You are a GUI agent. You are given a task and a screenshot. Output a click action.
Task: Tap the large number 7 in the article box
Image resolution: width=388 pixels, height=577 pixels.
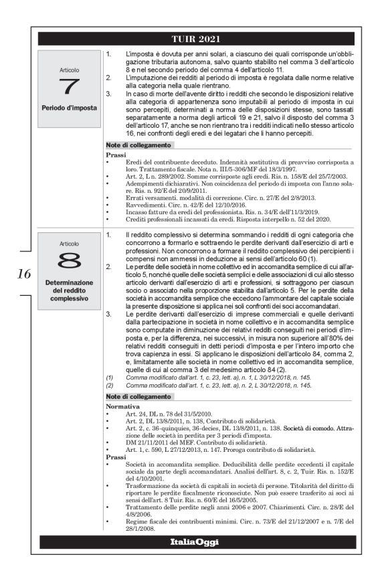pos(70,86)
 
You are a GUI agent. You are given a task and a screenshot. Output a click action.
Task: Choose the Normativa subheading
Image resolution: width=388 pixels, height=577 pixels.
pos(124,406)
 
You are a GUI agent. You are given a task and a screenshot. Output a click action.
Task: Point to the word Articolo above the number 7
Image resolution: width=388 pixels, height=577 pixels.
pos(70,68)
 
